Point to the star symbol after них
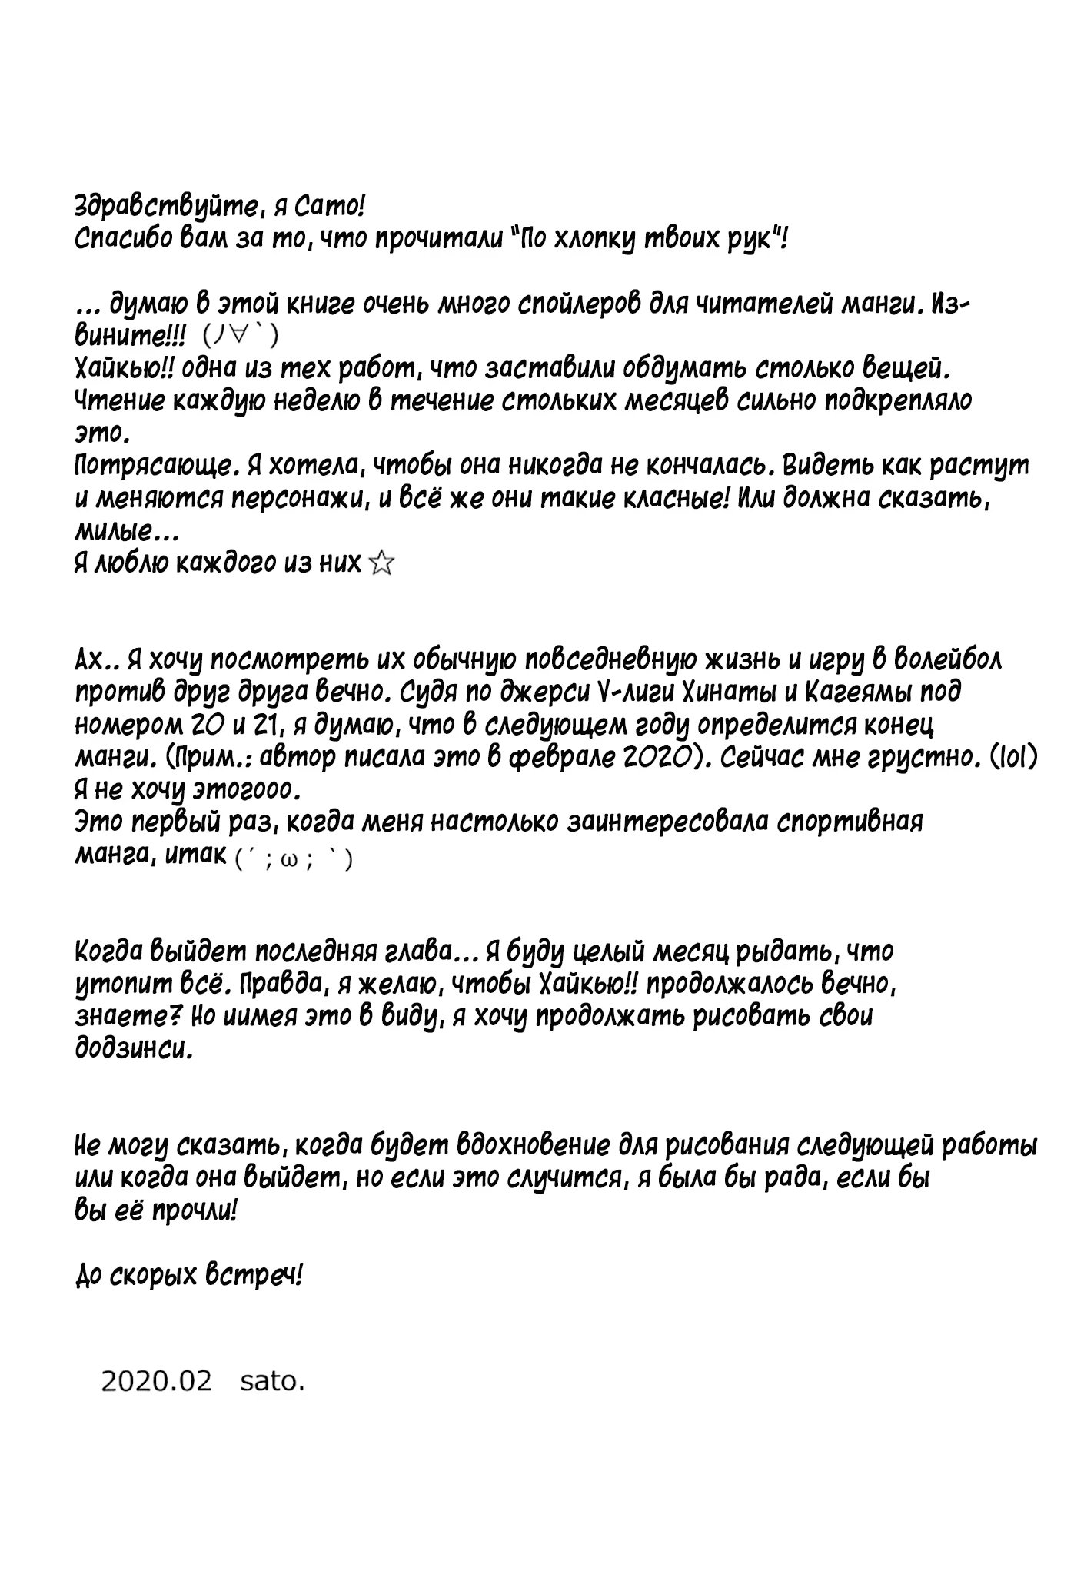coord(381,566)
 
